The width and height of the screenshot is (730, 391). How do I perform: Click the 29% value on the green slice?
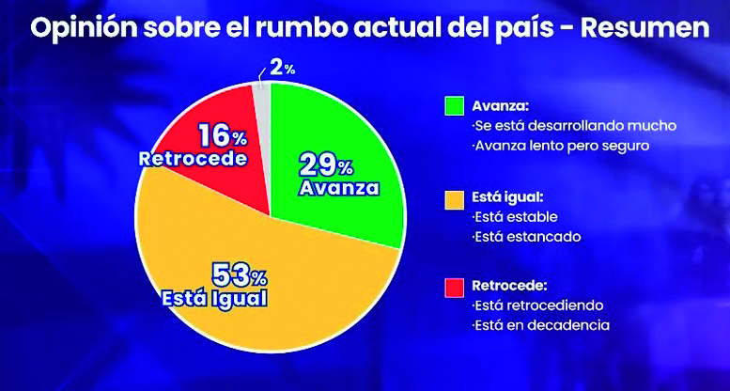[325, 164]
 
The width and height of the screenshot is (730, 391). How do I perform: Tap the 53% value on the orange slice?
[240, 275]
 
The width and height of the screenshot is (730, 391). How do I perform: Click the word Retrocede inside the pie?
[193, 159]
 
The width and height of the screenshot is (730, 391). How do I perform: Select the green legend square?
[455, 106]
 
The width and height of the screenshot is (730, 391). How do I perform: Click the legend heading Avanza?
[502, 106]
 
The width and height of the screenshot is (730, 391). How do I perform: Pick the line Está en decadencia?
[541, 325]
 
